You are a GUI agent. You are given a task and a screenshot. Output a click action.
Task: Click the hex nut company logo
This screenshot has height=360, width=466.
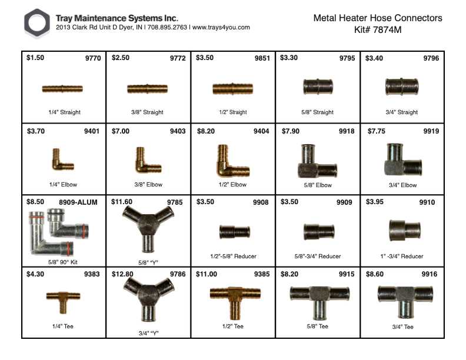pyautogui.click(x=37, y=23)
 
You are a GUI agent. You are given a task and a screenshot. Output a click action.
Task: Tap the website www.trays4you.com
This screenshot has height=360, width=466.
pyautogui.click(x=221, y=27)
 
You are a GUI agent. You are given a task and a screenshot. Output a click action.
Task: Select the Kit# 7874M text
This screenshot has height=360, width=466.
pyautogui.click(x=378, y=29)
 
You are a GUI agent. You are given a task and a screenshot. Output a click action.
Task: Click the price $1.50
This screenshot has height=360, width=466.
pyautogui.click(x=35, y=58)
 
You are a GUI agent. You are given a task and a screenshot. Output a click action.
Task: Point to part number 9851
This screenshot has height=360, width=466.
pyautogui.click(x=262, y=58)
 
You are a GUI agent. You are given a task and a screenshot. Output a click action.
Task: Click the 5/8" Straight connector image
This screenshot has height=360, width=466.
pyautogui.click(x=318, y=86)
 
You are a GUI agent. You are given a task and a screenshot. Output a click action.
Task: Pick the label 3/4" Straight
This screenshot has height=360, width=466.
pyautogui.click(x=401, y=112)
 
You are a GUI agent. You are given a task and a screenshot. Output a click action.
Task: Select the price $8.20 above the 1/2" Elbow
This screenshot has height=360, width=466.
pyautogui.click(x=206, y=131)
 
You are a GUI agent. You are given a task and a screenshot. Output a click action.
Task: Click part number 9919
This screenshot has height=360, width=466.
pyautogui.click(x=431, y=131)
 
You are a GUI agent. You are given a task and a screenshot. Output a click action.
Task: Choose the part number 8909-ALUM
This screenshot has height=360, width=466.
pyautogui.click(x=78, y=202)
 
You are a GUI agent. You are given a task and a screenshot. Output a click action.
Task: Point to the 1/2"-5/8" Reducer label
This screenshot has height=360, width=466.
pyautogui.click(x=234, y=256)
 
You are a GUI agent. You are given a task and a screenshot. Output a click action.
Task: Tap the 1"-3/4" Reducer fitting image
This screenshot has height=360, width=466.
pyautogui.click(x=404, y=231)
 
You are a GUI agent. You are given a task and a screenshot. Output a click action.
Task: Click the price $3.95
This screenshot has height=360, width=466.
pyautogui.click(x=374, y=202)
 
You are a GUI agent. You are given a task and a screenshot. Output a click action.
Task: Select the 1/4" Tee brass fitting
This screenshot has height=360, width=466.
pyautogui.click(x=63, y=302)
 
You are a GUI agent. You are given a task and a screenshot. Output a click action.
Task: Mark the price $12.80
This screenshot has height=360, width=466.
pyautogui.click(x=122, y=274)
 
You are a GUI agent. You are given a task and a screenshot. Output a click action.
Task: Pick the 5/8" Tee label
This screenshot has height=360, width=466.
pyautogui.click(x=317, y=326)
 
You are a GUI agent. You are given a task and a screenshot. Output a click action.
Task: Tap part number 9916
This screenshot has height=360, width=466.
pyautogui.click(x=430, y=274)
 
